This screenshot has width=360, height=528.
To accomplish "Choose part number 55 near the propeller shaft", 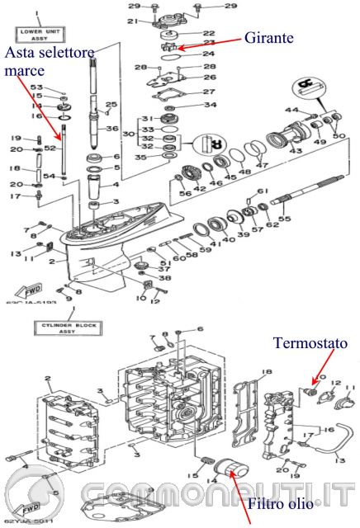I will pos(284,220).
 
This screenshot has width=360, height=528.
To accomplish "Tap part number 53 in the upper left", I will pos(36,86).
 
